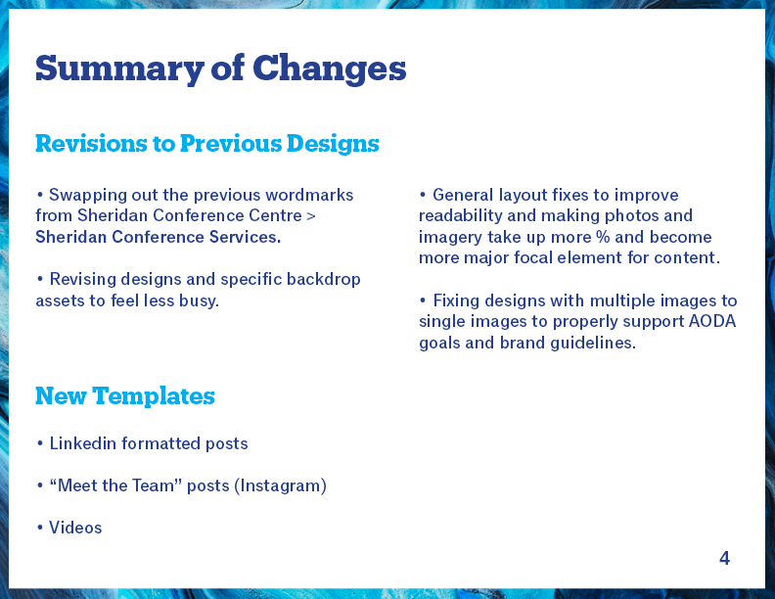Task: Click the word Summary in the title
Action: click(119, 69)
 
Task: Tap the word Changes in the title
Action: click(329, 69)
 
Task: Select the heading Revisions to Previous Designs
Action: click(207, 144)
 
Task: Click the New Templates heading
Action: click(125, 396)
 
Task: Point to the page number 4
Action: click(724, 559)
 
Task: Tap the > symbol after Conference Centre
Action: click(311, 216)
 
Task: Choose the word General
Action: click(463, 195)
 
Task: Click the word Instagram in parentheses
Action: click(280, 485)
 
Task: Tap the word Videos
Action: click(75, 528)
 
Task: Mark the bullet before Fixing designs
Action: click(423, 300)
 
